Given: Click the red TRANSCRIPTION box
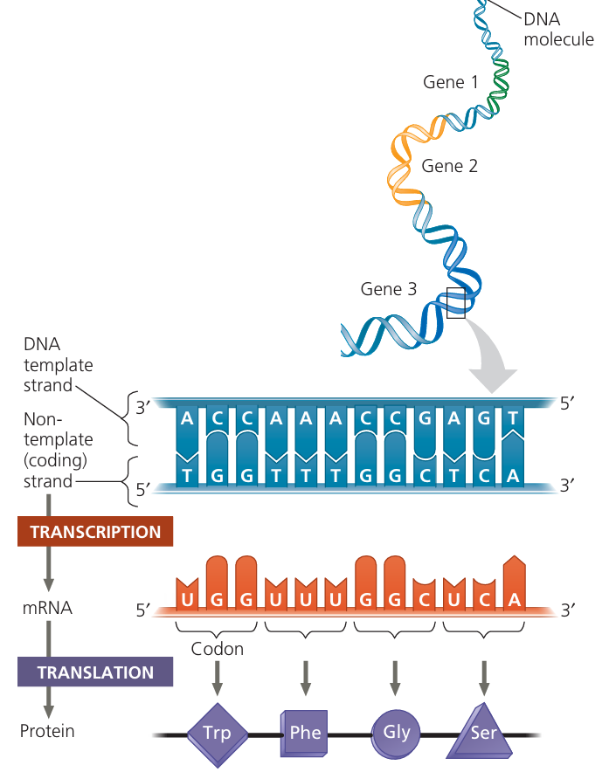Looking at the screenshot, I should [95, 532].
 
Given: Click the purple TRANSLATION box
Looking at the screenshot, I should [95, 673].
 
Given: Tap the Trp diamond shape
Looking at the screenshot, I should [217, 732].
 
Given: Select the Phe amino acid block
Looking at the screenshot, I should [305, 732].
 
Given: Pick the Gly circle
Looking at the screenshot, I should [396, 730].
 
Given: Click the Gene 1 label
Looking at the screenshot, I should [451, 83].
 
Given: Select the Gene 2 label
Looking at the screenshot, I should [449, 165].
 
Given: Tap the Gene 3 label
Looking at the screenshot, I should [389, 288].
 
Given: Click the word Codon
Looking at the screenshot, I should [217, 649].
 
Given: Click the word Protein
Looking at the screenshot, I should [47, 731].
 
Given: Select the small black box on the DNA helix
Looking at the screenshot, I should [455, 301].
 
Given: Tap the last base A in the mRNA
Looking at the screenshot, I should [513, 598].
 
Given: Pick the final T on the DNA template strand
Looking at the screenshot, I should [513, 419].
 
